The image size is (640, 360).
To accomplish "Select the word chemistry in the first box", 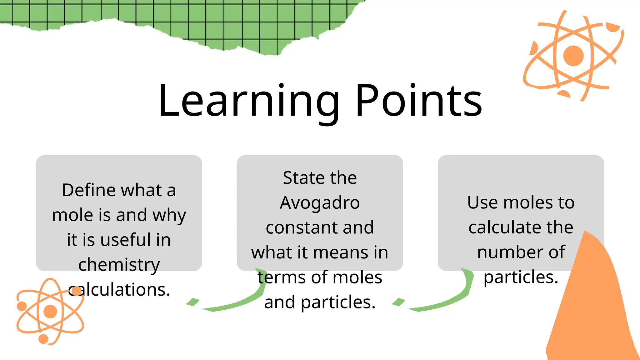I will point(119,265).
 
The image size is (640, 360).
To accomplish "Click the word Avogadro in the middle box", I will point(320,203).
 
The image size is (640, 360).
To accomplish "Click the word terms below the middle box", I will point(276,277).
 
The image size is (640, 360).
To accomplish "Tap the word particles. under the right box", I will point(521,277).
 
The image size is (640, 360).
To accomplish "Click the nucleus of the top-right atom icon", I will point(573,56).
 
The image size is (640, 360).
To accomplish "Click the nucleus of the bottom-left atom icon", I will point(50,311).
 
